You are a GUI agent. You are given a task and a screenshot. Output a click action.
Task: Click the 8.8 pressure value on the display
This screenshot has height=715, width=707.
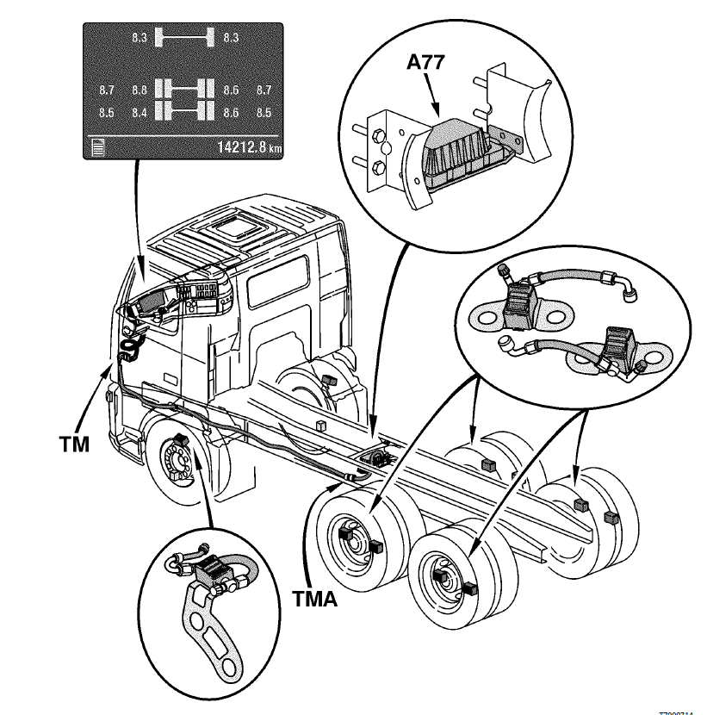(140, 90)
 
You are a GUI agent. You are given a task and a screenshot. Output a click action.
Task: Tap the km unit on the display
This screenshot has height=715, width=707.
(274, 149)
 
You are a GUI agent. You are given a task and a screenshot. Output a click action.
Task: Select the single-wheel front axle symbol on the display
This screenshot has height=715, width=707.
(183, 37)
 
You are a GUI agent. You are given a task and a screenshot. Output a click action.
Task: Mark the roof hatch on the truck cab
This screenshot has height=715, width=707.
(233, 229)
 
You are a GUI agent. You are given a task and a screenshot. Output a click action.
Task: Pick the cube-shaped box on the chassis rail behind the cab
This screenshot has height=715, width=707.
(319, 424)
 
